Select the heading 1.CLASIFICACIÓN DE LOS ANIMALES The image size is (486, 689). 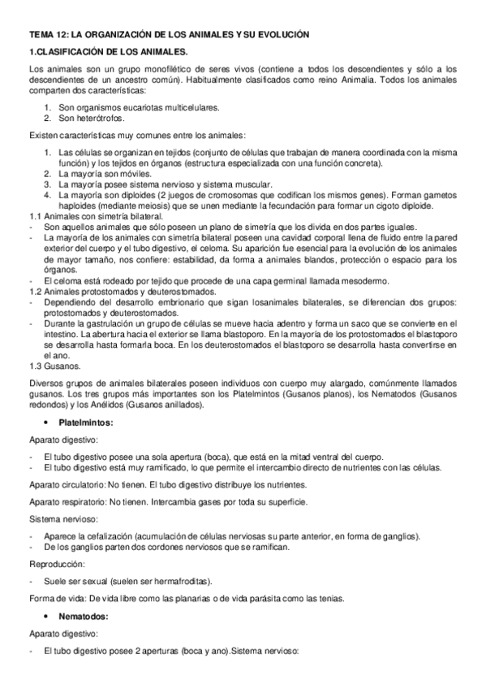(x=110, y=53)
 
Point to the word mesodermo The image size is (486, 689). (x=362, y=280)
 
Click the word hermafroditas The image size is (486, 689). (x=183, y=581)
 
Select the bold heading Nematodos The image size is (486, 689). (x=81, y=617)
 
